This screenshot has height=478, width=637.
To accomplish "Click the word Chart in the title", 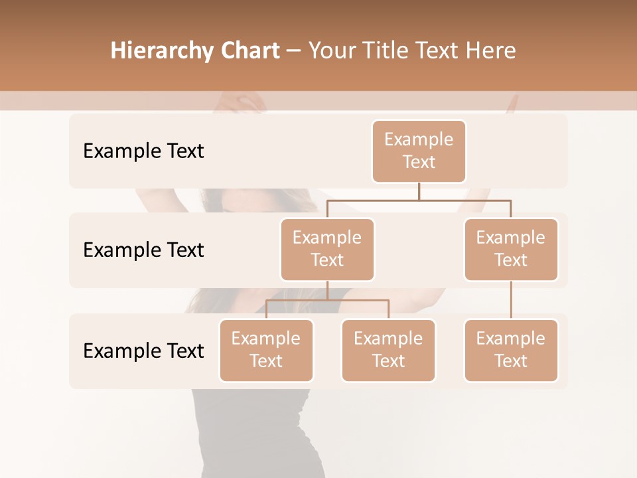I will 250,51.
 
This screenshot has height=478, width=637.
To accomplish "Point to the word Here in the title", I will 492,51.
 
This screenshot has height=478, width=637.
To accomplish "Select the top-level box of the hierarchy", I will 419,151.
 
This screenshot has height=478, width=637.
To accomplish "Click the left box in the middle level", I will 327,250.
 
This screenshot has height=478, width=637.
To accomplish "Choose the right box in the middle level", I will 511,250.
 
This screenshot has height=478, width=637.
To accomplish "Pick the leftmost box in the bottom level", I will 266,351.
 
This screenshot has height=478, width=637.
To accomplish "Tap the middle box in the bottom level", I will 388,351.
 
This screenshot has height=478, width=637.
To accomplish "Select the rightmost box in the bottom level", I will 511,351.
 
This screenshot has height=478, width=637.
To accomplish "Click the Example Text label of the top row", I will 143,151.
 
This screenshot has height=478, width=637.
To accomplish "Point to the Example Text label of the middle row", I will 143,250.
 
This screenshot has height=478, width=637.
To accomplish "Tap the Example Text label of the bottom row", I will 143,351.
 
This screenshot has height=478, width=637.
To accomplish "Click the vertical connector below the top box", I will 419,191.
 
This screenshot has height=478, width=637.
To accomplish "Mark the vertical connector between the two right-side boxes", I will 511,300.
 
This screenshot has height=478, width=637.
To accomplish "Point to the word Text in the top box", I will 419,163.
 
